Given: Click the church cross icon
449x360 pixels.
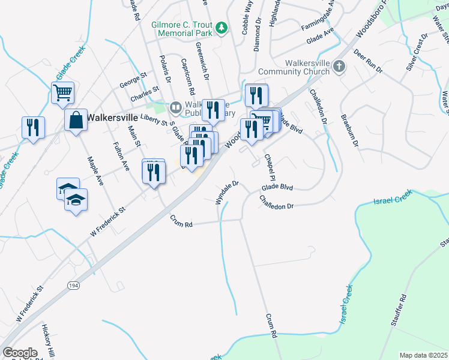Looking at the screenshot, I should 339,67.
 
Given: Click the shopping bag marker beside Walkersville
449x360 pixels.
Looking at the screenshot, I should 77,120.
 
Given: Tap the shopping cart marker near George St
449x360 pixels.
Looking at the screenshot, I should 62,93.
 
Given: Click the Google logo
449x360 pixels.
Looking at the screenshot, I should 20,353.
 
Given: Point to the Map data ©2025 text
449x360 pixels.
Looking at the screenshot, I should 423,355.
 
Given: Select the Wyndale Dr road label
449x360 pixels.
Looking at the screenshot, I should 228,192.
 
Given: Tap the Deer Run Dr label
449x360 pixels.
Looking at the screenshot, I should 368,62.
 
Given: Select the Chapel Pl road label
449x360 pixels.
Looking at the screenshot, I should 270,167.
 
